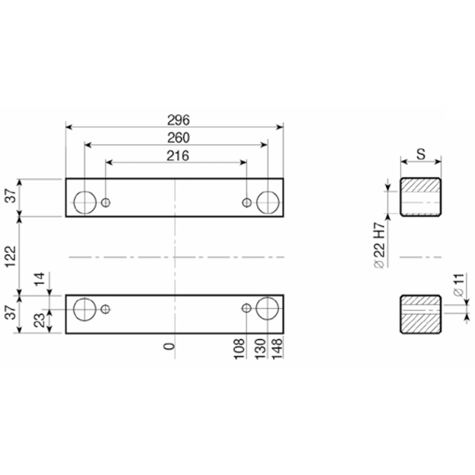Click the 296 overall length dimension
179,121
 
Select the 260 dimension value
179,138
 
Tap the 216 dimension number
178,156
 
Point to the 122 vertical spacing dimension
10,256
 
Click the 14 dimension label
39,279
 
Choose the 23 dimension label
39,320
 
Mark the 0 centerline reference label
169,346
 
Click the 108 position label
239,349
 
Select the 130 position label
260,349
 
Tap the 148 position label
277,349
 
